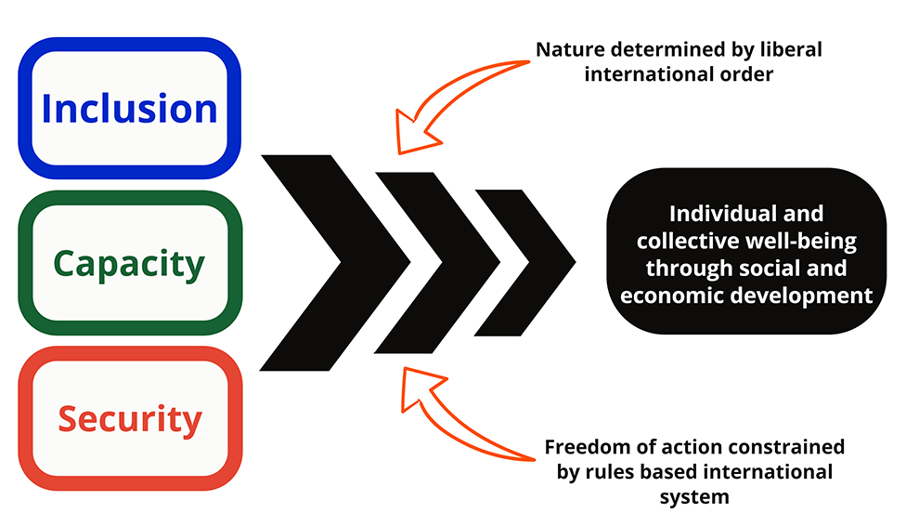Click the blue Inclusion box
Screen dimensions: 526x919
(x=130, y=109)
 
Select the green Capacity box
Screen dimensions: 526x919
(x=130, y=264)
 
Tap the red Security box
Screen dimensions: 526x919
(x=130, y=419)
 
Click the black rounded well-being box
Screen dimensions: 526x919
(x=746, y=251)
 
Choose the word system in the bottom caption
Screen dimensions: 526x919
(x=694, y=497)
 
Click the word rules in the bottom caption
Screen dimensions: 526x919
(x=607, y=472)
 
